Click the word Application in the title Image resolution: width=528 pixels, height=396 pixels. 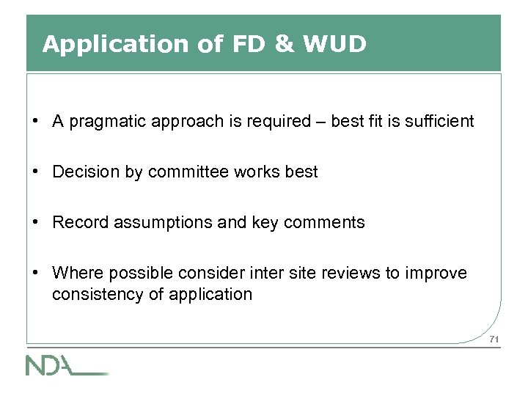click(116, 45)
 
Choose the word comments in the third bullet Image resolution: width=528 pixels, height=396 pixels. click(327, 223)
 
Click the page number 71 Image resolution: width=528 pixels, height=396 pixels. click(494, 339)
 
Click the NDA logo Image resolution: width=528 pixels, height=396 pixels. click(66, 364)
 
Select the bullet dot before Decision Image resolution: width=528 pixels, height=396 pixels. click(35, 172)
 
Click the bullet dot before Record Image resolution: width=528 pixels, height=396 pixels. click(35, 223)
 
